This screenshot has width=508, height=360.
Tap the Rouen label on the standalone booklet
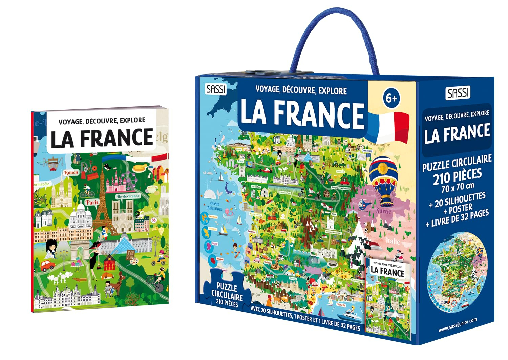click(x=71, y=173)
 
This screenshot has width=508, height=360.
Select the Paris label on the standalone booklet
click(x=92, y=202)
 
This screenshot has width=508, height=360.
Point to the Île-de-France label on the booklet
click(x=128, y=196)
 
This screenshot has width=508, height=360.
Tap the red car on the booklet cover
click(x=47, y=266)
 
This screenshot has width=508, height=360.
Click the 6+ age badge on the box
click(x=391, y=98)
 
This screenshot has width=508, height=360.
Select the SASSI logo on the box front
click(x=215, y=89)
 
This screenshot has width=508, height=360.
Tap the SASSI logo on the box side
click(x=458, y=92)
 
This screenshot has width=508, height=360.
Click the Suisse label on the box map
click(x=383, y=211)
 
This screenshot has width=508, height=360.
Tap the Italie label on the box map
click(x=392, y=241)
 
